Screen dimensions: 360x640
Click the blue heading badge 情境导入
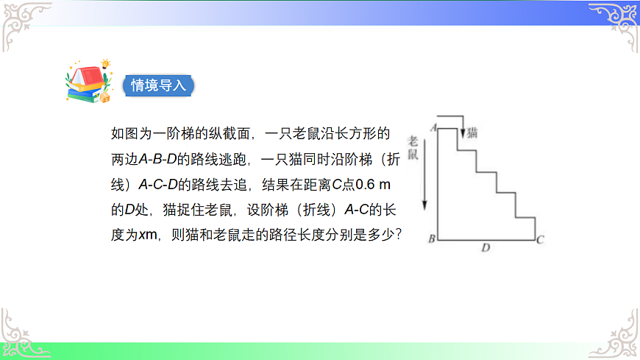(x=159, y=85)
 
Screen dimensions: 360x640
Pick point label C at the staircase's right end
(x=540, y=239)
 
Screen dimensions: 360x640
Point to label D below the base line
(x=486, y=249)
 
